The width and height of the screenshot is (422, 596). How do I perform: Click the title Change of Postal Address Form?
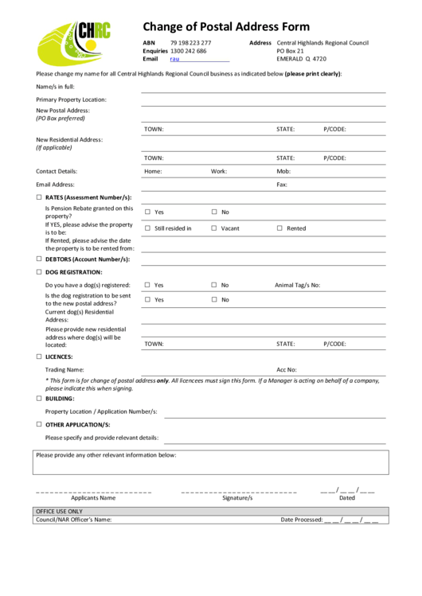pos(226,27)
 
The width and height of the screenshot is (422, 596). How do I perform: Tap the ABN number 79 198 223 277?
pos(191,42)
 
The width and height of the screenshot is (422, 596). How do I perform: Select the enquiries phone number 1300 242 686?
pos(188,50)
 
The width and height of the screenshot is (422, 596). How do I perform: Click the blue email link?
pos(175,59)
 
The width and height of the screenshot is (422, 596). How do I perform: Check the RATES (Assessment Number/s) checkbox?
pos(39,197)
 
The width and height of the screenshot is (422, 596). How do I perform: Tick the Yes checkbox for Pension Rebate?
pos(147,212)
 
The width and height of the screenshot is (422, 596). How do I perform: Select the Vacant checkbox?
pos(214,228)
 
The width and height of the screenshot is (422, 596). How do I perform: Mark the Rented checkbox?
pos(279,228)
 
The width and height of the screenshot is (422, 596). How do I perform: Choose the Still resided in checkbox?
pos(147,228)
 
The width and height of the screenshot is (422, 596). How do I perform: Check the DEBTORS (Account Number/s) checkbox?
pos(39,259)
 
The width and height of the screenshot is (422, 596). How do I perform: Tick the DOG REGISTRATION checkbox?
pos(39,272)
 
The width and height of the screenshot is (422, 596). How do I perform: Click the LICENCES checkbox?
pos(39,356)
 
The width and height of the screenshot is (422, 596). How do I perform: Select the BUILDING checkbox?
pos(39,398)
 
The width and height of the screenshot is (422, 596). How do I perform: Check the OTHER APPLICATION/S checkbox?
pos(39,424)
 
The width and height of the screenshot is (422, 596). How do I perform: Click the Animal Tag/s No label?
pos(297,285)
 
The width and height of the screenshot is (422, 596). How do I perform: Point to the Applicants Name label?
pos(93,498)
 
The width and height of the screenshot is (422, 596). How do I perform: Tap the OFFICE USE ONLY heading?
pos(59,511)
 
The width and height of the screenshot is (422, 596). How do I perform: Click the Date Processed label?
pos(301,520)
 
